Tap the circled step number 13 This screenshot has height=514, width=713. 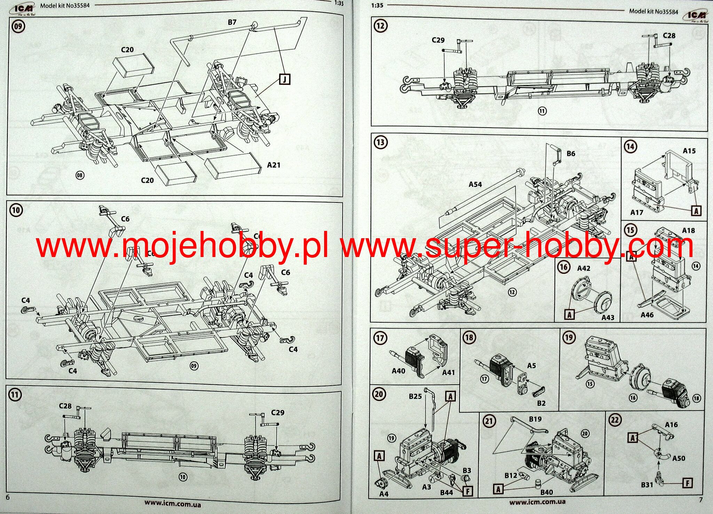[380, 142]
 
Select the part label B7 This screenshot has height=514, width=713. [232, 22]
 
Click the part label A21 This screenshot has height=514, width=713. [274, 165]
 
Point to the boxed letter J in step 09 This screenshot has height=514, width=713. [284, 79]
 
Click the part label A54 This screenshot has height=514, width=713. [475, 184]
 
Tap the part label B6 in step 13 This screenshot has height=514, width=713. [571, 153]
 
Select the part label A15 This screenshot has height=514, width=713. [689, 151]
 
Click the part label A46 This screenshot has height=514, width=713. [647, 315]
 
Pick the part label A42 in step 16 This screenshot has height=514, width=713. [584, 268]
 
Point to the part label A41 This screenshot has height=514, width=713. [448, 372]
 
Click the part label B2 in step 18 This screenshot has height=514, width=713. [541, 403]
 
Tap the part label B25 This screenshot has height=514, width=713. [415, 396]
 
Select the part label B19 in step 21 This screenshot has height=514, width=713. [535, 419]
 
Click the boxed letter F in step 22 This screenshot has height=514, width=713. [688, 483]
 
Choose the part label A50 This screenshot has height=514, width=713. [679, 458]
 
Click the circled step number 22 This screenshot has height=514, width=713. [615, 420]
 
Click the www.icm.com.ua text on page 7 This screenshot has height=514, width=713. [537, 501]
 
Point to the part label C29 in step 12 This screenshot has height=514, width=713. [438, 40]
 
